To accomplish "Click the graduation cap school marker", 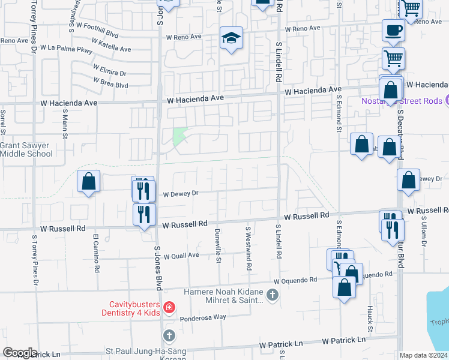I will click(231, 38).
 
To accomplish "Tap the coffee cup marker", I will click(394, 29).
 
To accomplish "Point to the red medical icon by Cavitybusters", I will click(169, 308).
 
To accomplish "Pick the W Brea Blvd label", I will click(110, 85).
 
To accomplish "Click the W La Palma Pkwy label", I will click(66, 48).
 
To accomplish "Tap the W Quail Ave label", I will click(181, 256).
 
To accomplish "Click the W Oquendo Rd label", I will click(294, 281).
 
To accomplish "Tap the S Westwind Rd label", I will click(248, 247).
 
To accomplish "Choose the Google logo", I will click(20, 352).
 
